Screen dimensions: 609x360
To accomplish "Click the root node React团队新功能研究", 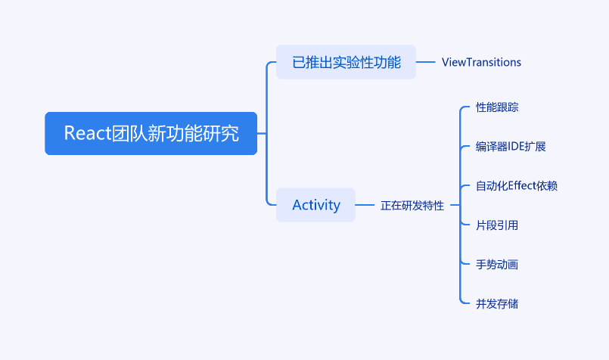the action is pos(151,133).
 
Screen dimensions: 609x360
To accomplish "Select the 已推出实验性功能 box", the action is pos(346,62).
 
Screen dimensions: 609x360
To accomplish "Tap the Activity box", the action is pos(315,205).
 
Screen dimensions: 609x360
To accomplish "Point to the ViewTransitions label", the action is pos(481,62).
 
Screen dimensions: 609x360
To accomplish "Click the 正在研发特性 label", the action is pos(412,206).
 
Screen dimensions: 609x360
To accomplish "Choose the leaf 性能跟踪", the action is pos(497,107).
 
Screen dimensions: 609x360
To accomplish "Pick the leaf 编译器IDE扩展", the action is pos(511,147).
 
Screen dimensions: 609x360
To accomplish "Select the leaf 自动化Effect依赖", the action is pos(517,186).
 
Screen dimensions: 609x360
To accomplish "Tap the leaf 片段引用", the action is pos(497,225).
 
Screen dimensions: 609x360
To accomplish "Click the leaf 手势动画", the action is pos(497,265).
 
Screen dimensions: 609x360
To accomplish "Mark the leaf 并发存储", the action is pos(497,304).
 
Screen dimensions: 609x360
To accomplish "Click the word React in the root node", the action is pos(88,133).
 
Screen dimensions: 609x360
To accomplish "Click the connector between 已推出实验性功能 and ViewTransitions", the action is pos(426,62).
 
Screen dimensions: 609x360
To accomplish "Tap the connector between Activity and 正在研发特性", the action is pos(365,205).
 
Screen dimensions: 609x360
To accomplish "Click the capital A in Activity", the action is pos(297,205).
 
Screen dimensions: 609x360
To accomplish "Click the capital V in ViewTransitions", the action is pos(446,62).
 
